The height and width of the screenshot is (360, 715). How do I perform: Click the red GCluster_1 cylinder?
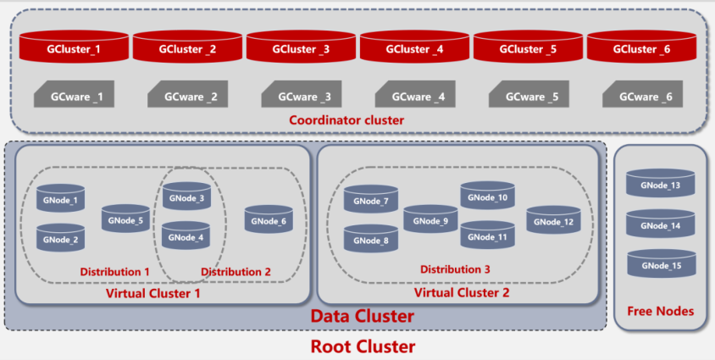pyautogui.click(x=74, y=46)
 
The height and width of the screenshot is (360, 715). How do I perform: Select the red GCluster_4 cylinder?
pyautogui.click(x=414, y=46)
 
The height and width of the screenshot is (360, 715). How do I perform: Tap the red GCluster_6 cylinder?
pyautogui.click(x=641, y=46)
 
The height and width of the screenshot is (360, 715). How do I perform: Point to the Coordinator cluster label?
pyautogui.click(x=346, y=120)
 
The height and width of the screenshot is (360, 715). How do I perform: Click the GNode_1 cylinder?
pyautogui.click(x=61, y=197)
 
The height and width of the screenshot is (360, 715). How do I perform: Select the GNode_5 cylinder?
pyautogui.click(x=125, y=219)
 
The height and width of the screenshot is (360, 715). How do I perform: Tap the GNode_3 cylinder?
pyautogui.click(x=186, y=196)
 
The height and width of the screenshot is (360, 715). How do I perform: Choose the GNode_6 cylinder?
pyautogui.click(x=269, y=219)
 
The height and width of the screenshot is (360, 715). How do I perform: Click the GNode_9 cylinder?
pyautogui.click(x=430, y=219)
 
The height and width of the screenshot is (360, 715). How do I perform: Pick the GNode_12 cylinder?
pyautogui.click(x=553, y=220)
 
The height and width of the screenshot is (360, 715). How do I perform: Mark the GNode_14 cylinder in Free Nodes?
pyautogui.click(x=660, y=224)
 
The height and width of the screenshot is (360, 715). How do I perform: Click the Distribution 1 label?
pyautogui.click(x=115, y=272)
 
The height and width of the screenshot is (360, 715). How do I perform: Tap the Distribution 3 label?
pyautogui.click(x=455, y=269)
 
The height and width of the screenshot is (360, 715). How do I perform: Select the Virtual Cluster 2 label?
pyautogui.click(x=462, y=292)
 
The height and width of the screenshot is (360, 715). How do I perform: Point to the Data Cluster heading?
pyautogui.click(x=363, y=316)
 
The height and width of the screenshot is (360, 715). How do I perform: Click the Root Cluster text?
pyautogui.click(x=363, y=346)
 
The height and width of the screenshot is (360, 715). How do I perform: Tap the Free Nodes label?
pyautogui.click(x=660, y=311)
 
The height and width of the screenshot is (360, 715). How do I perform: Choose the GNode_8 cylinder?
pyautogui.click(x=371, y=238)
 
